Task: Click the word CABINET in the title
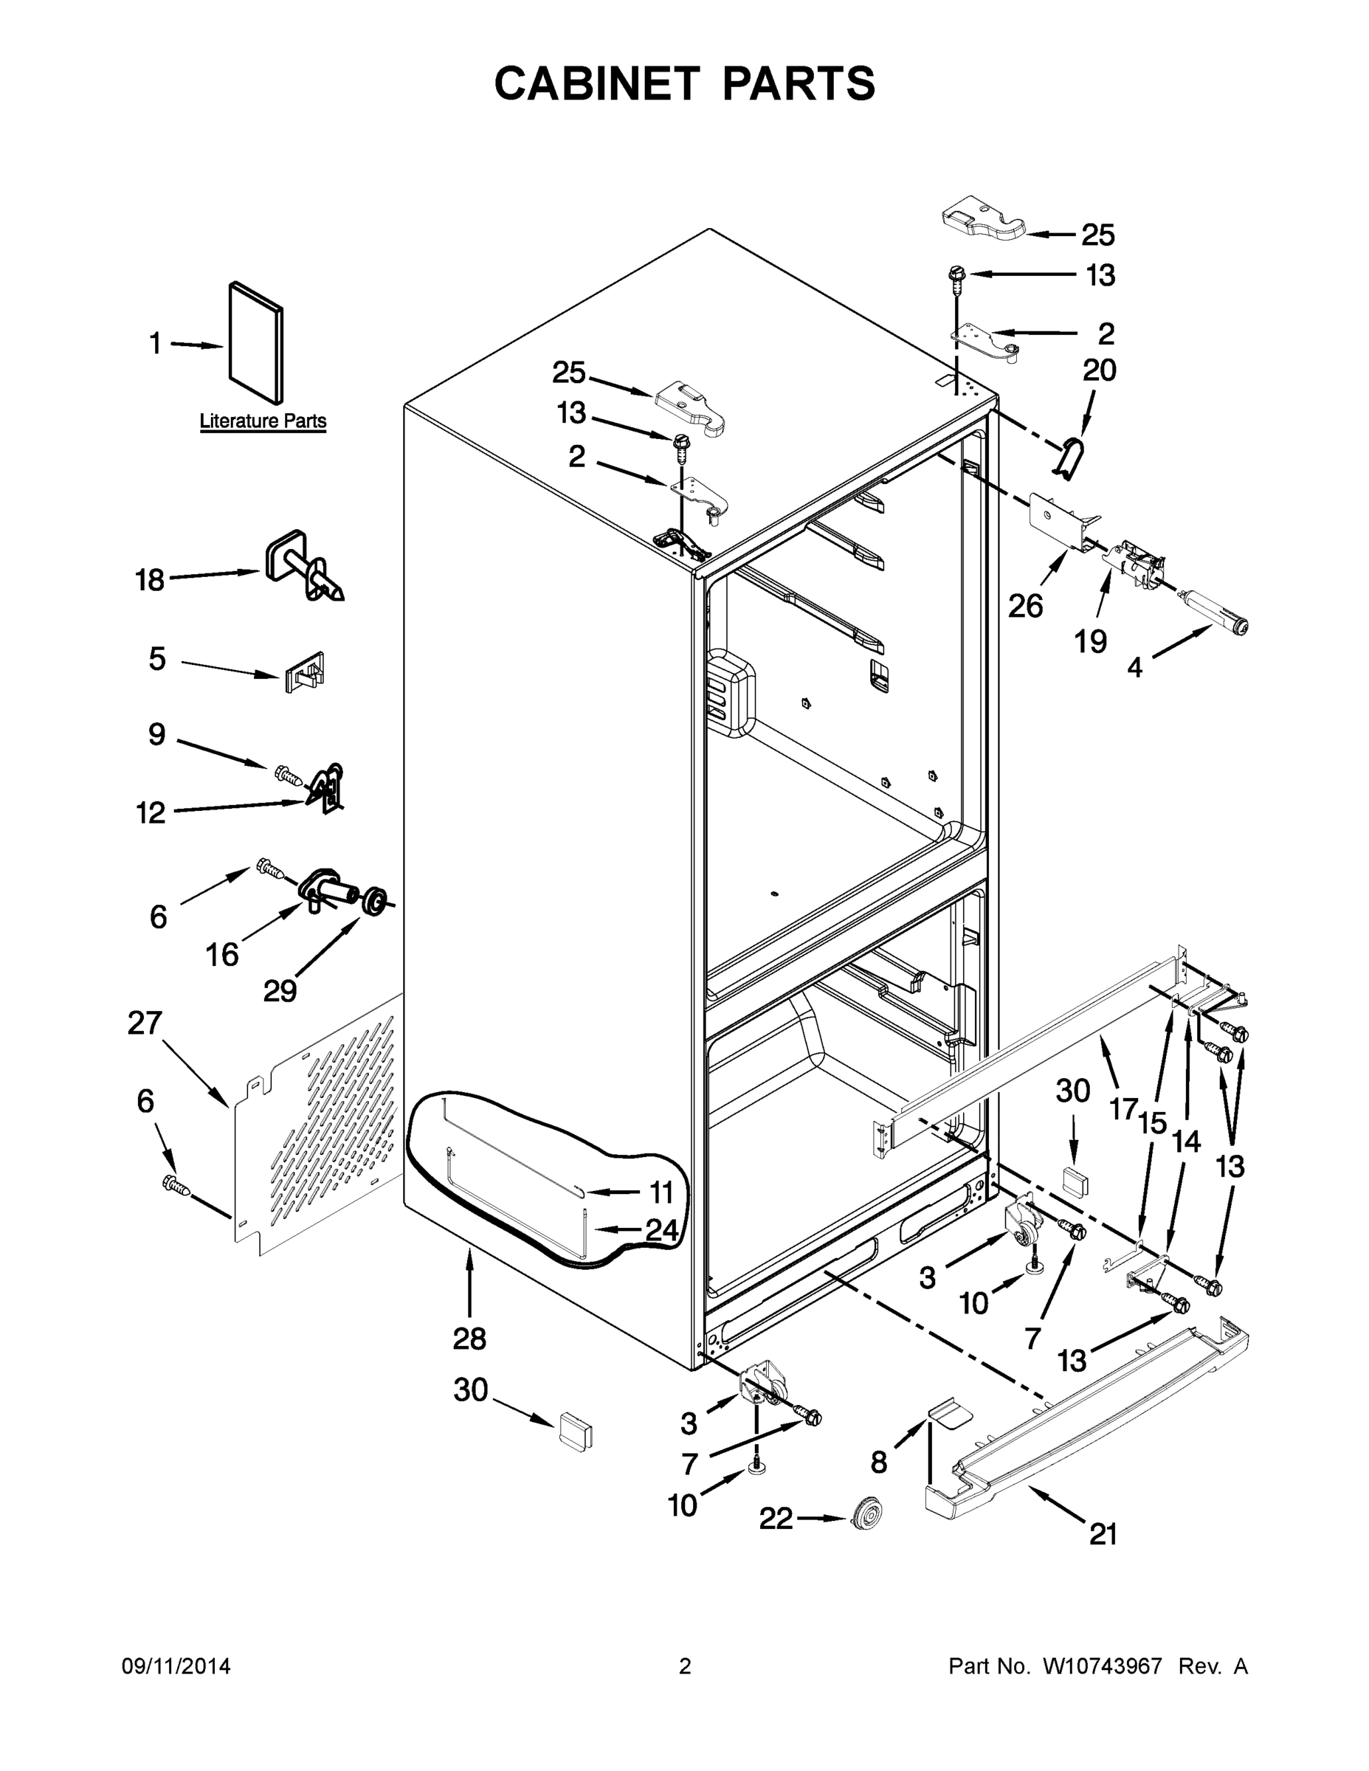[597, 83]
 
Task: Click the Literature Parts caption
[263, 421]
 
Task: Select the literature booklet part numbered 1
[256, 342]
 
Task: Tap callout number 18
[149, 581]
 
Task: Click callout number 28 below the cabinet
[469, 1339]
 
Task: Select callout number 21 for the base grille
[1103, 1534]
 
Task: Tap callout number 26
[1025, 606]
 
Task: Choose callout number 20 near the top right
[1099, 370]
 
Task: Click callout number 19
[1091, 641]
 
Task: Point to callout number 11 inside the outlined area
[661, 1192]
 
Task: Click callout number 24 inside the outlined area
[661, 1231]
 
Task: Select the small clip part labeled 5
[305, 672]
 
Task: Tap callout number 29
[280, 990]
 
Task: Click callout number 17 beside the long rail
[1123, 1108]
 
